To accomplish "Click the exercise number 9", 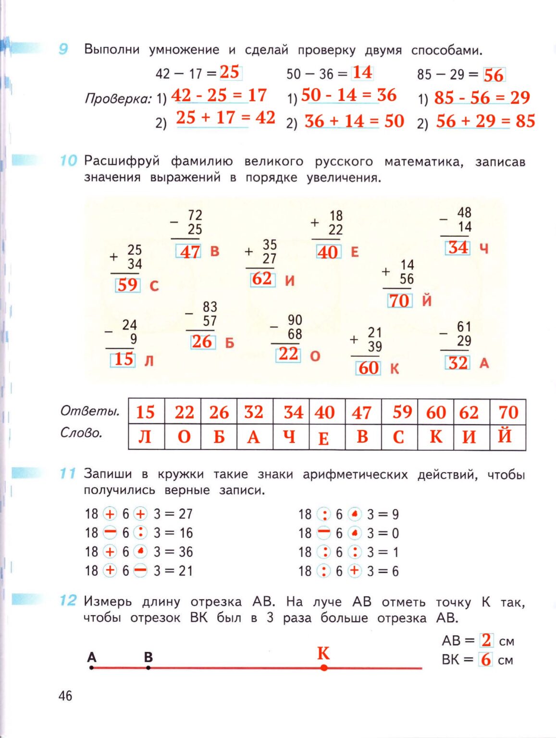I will click(x=63, y=49).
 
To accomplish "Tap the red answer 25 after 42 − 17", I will click(x=230, y=72).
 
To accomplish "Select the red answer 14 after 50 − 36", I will click(x=362, y=73).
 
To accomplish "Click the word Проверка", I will click(x=117, y=98).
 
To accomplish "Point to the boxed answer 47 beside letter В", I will click(x=189, y=251).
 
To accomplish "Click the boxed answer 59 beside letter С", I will click(x=127, y=285).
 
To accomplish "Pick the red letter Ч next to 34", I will click(x=483, y=248).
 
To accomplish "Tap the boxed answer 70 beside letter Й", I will click(x=399, y=301).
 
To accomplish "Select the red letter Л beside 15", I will click(x=149, y=360).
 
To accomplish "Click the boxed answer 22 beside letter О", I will click(x=288, y=354).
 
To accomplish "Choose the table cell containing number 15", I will click(x=146, y=412).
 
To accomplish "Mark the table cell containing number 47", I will click(x=362, y=412).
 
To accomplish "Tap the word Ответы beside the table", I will click(x=90, y=411).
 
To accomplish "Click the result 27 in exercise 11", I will click(x=185, y=514).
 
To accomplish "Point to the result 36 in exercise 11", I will click(x=185, y=552).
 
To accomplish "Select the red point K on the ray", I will click(x=324, y=667).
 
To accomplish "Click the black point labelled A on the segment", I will click(x=92, y=667).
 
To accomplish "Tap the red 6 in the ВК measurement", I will click(x=486, y=660).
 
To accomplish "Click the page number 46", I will click(x=65, y=695).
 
